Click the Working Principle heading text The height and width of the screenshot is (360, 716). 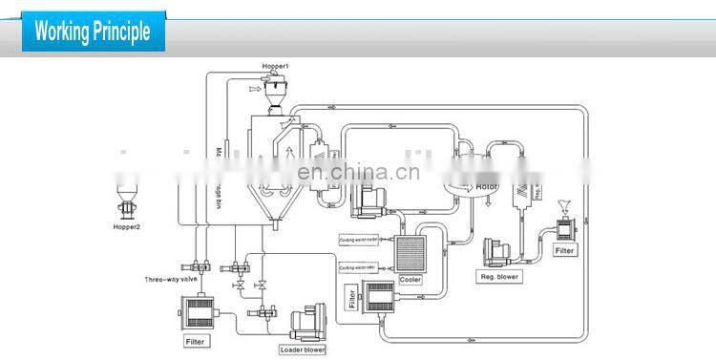93,32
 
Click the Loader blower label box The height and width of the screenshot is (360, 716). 303,349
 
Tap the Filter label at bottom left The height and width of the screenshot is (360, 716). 193,339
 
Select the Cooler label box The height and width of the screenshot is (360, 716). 411,280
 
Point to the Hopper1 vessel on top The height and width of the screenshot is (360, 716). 278,93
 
